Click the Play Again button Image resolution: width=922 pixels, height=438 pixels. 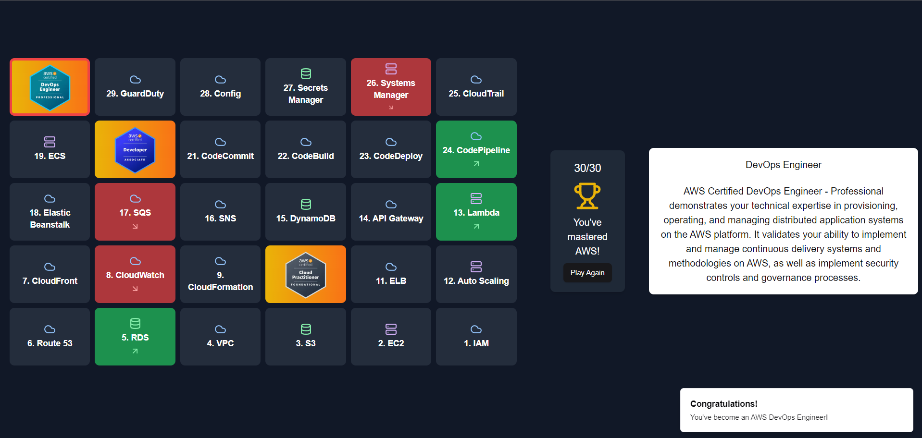pyautogui.click(x=587, y=273)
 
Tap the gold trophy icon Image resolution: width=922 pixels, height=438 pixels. pyautogui.click(x=587, y=196)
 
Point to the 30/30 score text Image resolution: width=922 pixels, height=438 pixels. pyautogui.click(x=587, y=168)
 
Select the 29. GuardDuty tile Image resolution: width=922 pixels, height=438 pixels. pyautogui.click(x=135, y=87)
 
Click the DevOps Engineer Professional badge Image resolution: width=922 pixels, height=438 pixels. pyautogui.click(x=50, y=87)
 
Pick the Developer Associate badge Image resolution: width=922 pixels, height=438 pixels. pyautogui.click(x=135, y=149)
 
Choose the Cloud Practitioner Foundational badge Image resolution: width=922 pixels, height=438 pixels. pyautogui.click(x=306, y=274)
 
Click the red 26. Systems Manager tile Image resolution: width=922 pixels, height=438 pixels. pyautogui.click(x=391, y=87)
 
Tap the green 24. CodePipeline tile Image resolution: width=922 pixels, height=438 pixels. pyautogui.click(x=476, y=149)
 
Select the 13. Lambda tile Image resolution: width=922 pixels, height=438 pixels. pyautogui.click(x=476, y=212)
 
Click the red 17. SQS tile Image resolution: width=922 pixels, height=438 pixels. pyautogui.click(x=135, y=212)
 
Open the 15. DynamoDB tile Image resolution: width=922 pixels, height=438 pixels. pyautogui.click(x=306, y=212)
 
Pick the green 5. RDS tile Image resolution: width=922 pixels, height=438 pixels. pyautogui.click(x=135, y=337)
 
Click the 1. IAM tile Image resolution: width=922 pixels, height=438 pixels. pyautogui.click(x=476, y=337)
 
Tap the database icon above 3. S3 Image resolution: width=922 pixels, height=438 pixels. pyautogui.click(x=306, y=329)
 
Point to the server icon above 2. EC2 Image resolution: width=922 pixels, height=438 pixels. pyautogui.click(x=391, y=329)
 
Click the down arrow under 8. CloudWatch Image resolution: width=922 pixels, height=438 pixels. pyautogui.click(x=135, y=289)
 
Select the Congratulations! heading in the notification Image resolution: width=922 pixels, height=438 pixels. pyautogui.click(x=723, y=404)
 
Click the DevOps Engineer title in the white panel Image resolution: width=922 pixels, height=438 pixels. pyautogui.click(x=783, y=165)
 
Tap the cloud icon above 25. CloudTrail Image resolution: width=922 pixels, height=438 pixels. pyautogui.click(x=476, y=79)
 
